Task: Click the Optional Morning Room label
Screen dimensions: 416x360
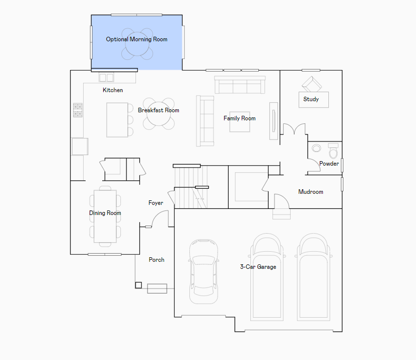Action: (x=136, y=39)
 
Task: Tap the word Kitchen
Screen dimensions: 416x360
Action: (x=113, y=90)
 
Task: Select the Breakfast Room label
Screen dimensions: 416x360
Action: (x=158, y=110)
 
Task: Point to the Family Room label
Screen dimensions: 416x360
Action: (x=240, y=118)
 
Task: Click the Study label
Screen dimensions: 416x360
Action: (x=311, y=99)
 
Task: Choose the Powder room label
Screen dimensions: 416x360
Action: (x=329, y=164)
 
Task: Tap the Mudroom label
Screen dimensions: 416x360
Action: (x=311, y=192)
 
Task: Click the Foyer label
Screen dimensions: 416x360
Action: (x=156, y=203)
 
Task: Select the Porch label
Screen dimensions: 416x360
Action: (x=157, y=260)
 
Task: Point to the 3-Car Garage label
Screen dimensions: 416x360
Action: (x=258, y=267)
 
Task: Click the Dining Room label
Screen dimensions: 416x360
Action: (x=105, y=213)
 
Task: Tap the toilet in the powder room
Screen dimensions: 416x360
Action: (x=333, y=151)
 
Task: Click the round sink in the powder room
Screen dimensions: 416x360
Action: (x=316, y=148)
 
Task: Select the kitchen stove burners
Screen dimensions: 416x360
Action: (x=78, y=110)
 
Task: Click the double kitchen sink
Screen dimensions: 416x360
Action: (x=106, y=78)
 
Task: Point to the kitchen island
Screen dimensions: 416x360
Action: (x=117, y=120)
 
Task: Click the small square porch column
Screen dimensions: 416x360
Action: (x=138, y=285)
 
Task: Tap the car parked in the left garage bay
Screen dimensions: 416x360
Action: (x=204, y=271)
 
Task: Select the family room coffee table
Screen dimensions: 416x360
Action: (x=240, y=122)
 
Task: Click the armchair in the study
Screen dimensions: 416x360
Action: (x=312, y=85)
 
